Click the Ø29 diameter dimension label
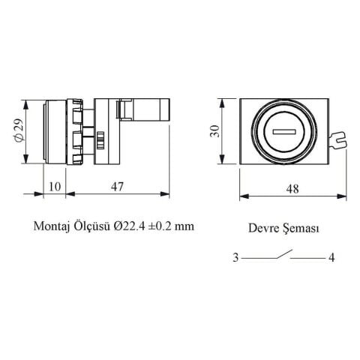coord(19,130)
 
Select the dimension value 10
coord(55,187)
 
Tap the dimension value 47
coord(117,187)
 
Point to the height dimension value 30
coord(214,131)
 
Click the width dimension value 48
coord(292,189)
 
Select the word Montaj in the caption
coord(51,226)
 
